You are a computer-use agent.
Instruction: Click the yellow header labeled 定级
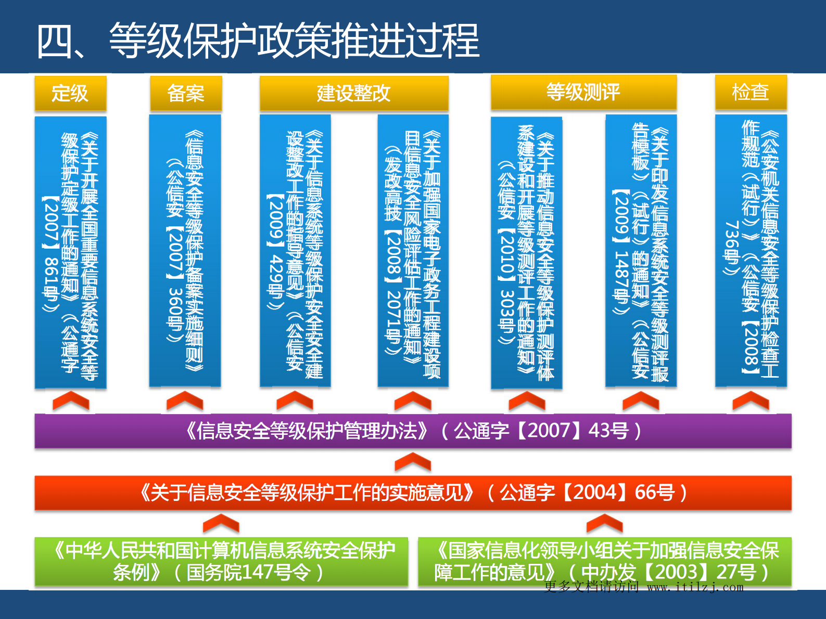coord(70,93)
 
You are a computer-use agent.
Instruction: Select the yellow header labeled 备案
coord(186,93)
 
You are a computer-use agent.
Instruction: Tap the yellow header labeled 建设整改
coord(354,93)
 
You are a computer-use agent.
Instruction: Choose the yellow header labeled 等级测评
coord(583,92)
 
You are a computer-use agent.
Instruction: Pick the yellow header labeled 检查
coord(751,92)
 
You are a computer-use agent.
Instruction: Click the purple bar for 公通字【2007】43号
coord(413,431)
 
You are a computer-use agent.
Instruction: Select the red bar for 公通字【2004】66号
coord(413,492)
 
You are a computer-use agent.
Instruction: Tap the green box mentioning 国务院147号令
coord(221,561)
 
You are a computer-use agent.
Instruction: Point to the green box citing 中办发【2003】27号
coord(604,561)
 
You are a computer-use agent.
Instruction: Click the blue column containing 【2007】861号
coord(70,252)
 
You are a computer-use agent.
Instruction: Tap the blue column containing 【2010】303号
coord(526,252)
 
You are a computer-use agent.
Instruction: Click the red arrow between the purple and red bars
coord(413,462)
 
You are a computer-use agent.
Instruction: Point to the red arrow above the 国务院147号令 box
coord(221,523)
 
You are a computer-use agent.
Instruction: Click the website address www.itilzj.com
coord(695,587)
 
